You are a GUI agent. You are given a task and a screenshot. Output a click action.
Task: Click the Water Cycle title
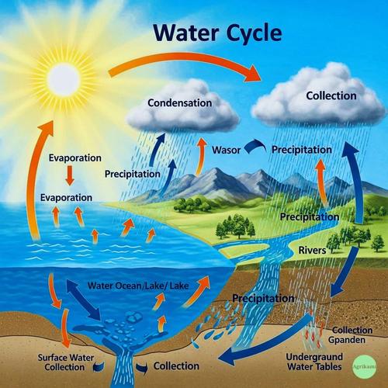pyautogui.click(x=217, y=33)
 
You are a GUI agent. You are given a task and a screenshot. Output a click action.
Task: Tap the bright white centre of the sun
pyautogui.click(x=64, y=78)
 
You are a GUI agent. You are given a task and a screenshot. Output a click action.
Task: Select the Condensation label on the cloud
pyautogui.click(x=180, y=103)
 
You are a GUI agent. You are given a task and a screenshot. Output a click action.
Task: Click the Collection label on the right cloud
pyautogui.click(x=331, y=96)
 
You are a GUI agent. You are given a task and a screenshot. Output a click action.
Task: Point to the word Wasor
pyautogui.click(x=227, y=150)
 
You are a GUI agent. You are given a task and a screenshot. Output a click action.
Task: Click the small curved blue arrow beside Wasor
pyautogui.click(x=255, y=147)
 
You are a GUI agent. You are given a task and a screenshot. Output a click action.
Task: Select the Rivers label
pyautogui.click(x=312, y=250)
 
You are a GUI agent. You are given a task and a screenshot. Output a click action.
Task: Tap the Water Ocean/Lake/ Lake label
pyautogui.click(x=138, y=286)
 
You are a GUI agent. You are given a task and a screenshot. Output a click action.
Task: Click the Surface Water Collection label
pyautogui.click(x=66, y=362)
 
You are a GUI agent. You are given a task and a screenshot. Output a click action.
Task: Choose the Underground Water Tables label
pyautogui.click(x=314, y=362)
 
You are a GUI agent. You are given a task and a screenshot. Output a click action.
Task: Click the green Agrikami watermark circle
pyautogui.click(x=365, y=367)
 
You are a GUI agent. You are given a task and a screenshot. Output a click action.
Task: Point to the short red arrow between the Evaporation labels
pyautogui.click(x=70, y=175)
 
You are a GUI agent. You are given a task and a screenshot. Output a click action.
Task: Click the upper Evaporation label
pyautogui.click(x=75, y=158)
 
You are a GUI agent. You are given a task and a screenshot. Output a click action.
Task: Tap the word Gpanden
pyautogui.click(x=347, y=340)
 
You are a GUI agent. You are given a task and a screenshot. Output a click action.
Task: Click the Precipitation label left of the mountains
pyautogui.click(x=133, y=174)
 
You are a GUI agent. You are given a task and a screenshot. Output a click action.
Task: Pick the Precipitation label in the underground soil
pyautogui.click(x=263, y=299)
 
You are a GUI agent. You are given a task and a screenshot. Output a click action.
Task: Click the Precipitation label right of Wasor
pyautogui.click(x=302, y=150)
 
